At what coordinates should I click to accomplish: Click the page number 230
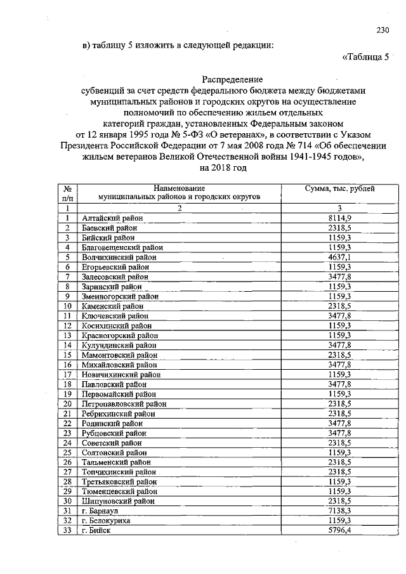click(382, 30)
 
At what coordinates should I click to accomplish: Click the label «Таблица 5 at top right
click(365, 57)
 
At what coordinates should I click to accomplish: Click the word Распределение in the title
click(232, 79)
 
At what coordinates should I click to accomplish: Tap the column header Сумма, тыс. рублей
click(340, 188)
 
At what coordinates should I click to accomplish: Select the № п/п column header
click(67, 193)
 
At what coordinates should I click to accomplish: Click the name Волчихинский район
click(119, 257)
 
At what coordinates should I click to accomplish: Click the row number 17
click(67, 374)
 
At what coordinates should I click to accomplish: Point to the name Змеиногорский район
click(120, 296)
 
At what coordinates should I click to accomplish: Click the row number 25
click(67, 452)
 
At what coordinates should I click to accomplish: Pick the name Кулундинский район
click(119, 345)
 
